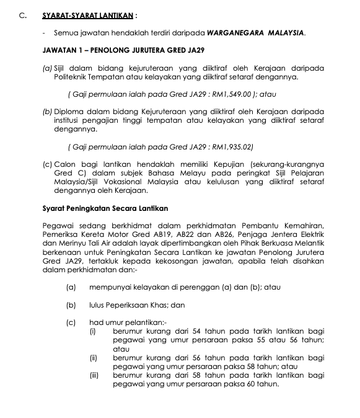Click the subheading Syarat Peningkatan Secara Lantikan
(x=100, y=208)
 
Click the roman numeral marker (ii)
(x=94, y=358)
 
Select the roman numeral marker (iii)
(x=94, y=375)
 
